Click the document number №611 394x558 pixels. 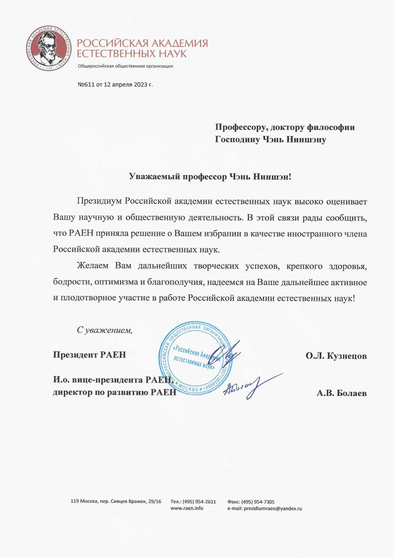point(86,85)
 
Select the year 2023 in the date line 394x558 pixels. point(140,85)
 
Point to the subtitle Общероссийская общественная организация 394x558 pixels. point(125,66)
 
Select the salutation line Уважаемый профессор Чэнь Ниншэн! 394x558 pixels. point(210,177)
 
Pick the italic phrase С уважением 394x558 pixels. point(105,330)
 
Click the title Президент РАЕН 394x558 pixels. point(89,355)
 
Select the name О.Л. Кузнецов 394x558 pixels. point(336,356)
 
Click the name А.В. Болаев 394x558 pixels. point(341,393)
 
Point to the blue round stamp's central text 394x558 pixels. point(195,358)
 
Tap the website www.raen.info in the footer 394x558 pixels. point(187,508)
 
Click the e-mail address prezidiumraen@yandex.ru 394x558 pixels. point(272,508)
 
